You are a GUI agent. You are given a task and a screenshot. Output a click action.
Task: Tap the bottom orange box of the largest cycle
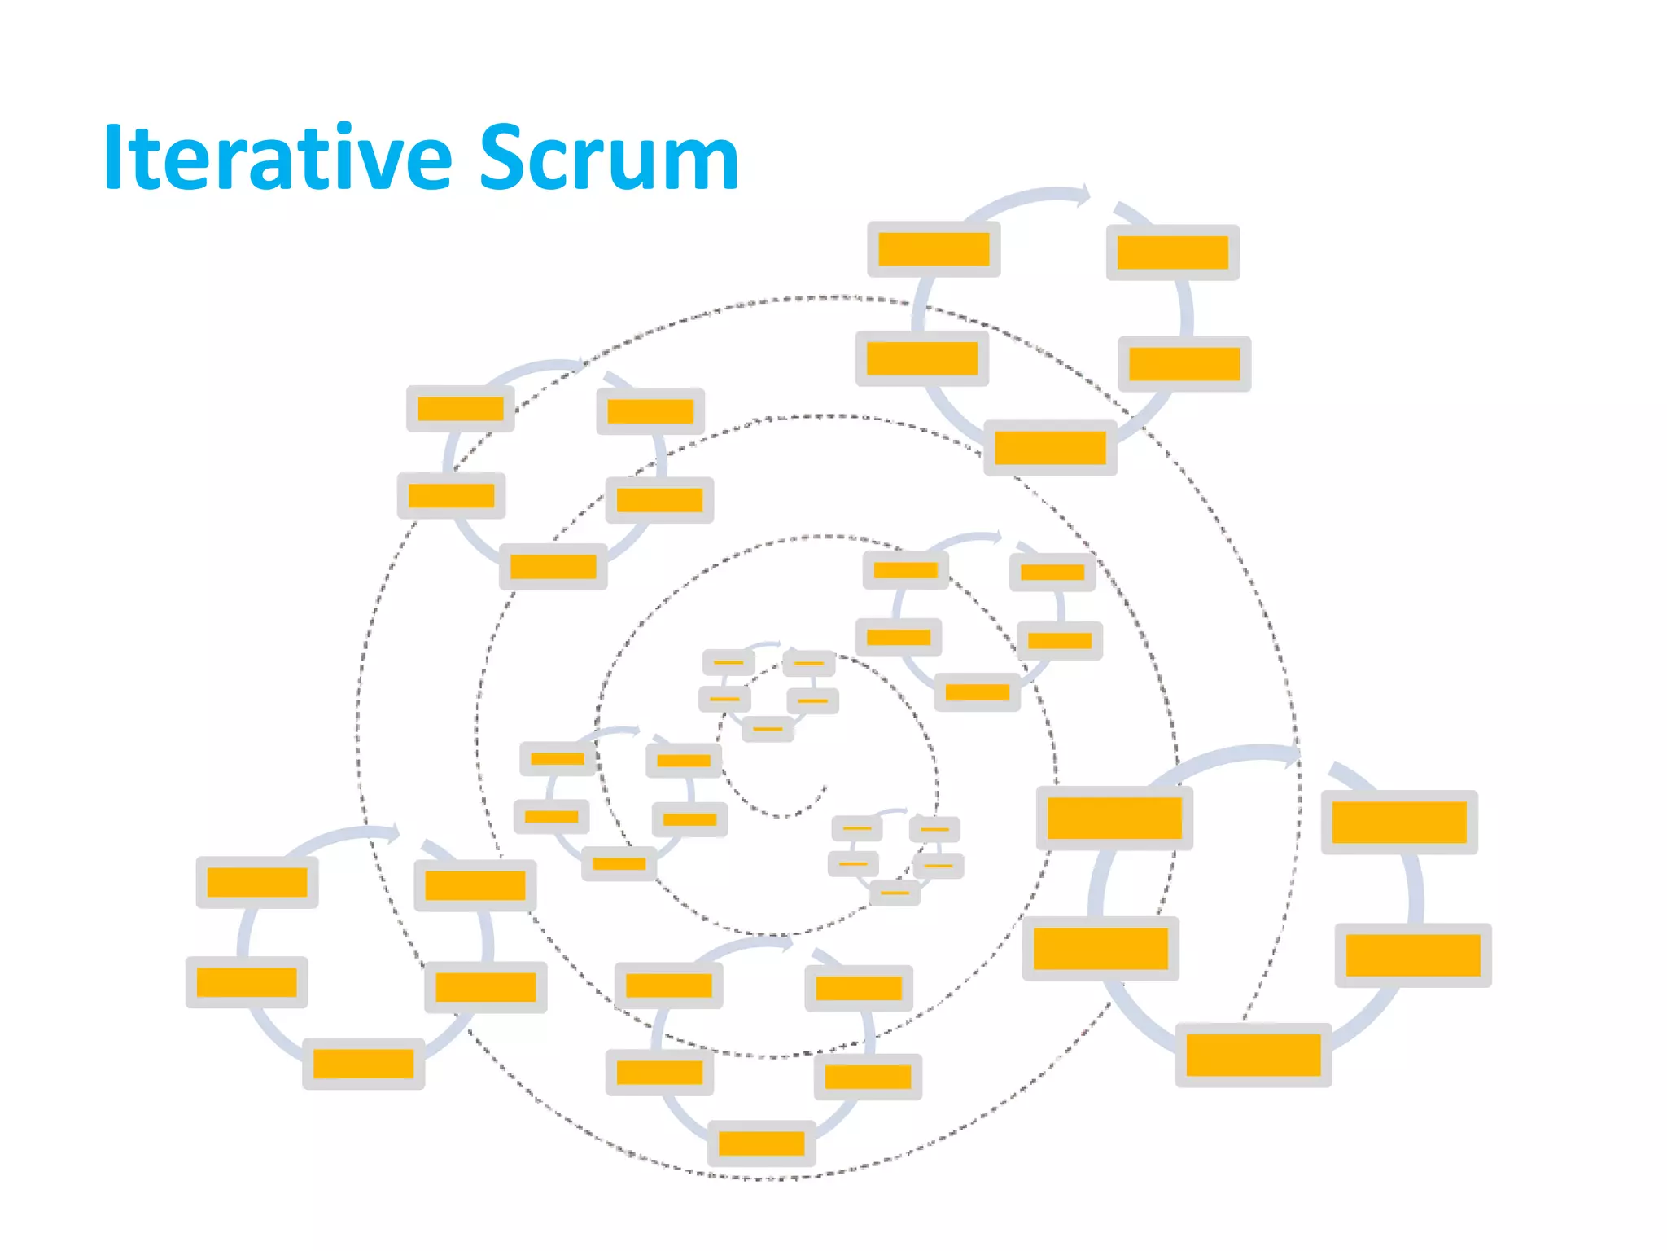(x=1253, y=1055)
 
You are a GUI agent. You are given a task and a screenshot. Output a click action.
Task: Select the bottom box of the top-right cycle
(x=1050, y=448)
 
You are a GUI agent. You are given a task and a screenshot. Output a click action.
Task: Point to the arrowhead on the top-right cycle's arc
(x=1083, y=195)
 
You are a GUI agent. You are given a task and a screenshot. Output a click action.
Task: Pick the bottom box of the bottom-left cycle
(x=363, y=1064)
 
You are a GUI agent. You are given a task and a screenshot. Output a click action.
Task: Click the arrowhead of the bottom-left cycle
(x=393, y=832)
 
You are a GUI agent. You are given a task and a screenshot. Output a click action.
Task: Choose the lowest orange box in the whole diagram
(x=761, y=1143)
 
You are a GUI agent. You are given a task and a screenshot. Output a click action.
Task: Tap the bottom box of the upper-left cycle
(x=553, y=567)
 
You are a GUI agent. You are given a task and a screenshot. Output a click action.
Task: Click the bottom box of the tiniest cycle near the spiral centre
(x=767, y=728)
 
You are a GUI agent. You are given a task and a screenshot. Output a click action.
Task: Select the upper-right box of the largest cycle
(x=1398, y=822)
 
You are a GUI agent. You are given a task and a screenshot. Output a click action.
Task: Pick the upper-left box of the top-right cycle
(x=934, y=249)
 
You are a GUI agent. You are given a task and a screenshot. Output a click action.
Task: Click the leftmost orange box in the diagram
(x=247, y=982)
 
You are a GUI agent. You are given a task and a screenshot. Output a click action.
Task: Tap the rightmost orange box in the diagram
(x=1412, y=955)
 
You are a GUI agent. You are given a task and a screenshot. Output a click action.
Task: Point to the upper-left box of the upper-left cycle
(x=460, y=409)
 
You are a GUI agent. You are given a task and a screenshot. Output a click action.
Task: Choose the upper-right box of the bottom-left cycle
(x=475, y=885)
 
